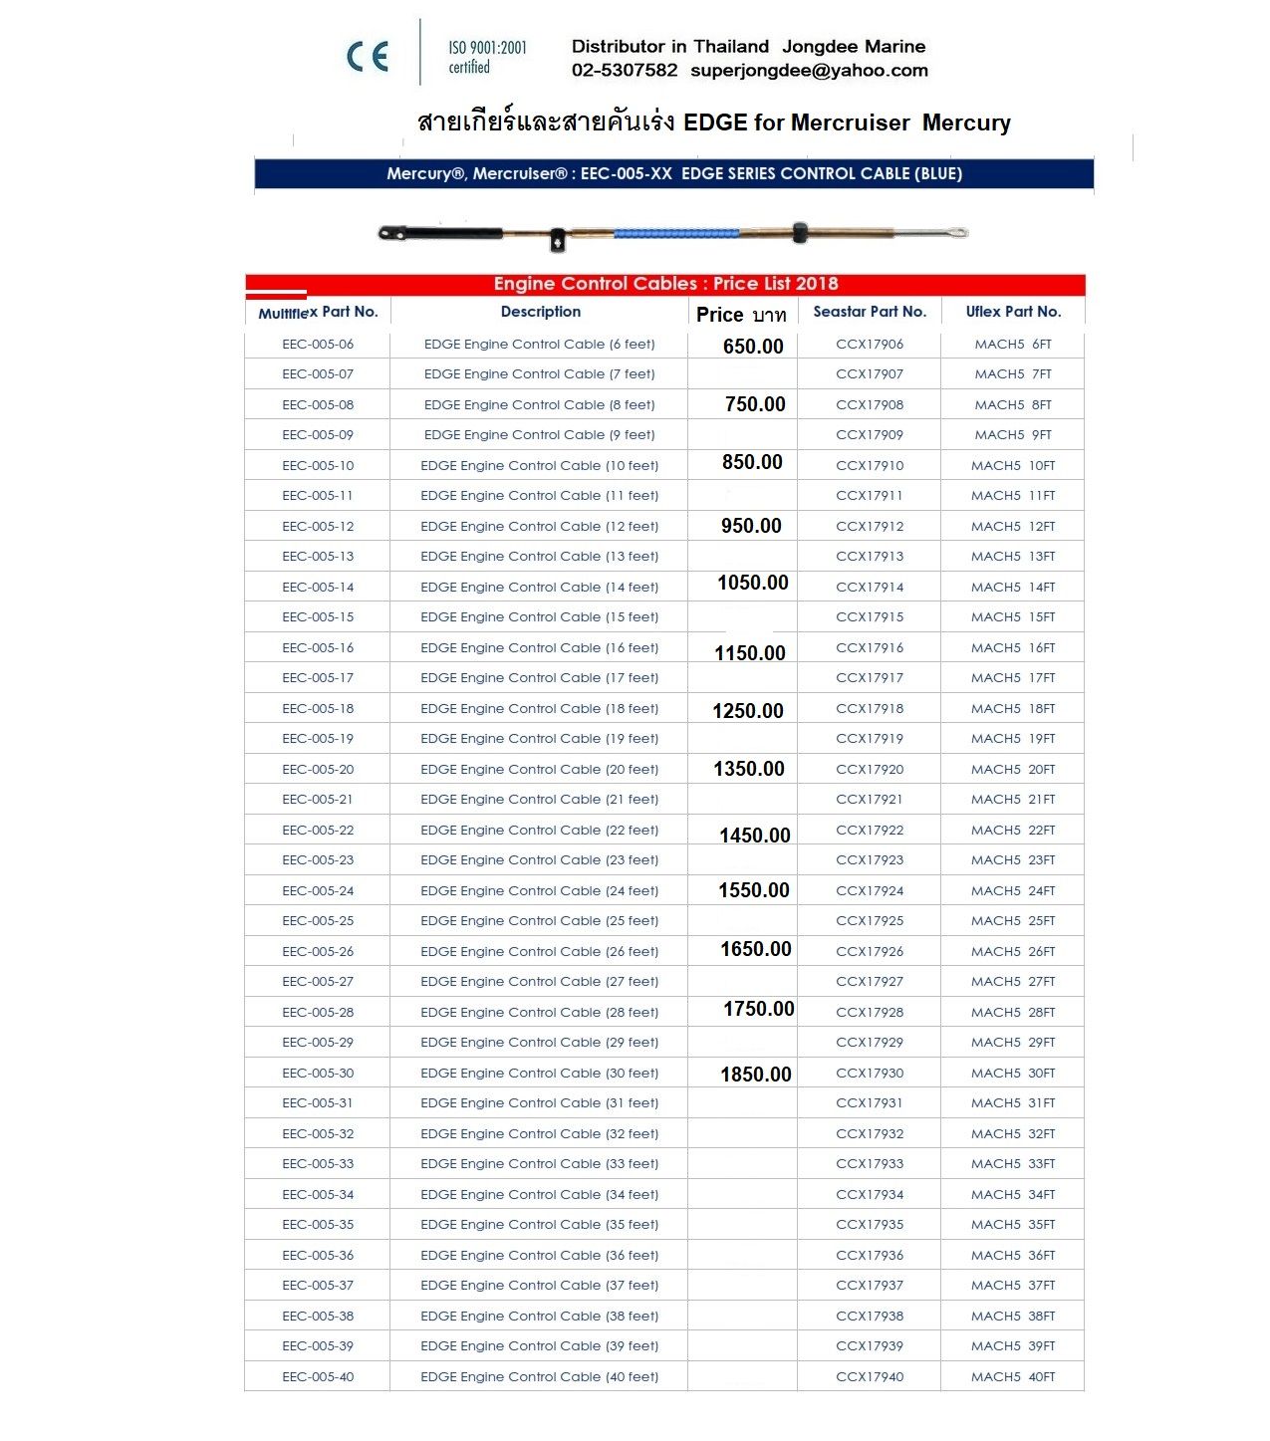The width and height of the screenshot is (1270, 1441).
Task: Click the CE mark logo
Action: (x=367, y=57)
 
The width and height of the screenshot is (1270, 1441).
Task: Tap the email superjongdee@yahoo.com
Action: (x=809, y=71)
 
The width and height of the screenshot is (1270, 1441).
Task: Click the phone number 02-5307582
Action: (x=625, y=71)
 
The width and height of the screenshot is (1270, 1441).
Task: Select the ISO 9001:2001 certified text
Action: (x=487, y=57)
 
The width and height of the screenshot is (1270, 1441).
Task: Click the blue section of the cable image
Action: (x=676, y=233)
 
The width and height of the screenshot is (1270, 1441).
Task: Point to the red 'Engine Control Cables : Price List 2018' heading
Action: (x=665, y=284)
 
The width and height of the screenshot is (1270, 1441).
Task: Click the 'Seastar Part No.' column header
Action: (x=870, y=312)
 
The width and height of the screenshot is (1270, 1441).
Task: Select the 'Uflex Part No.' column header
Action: (x=1013, y=312)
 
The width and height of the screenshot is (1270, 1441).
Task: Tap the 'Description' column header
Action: (x=540, y=312)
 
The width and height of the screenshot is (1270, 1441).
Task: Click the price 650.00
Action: (x=753, y=347)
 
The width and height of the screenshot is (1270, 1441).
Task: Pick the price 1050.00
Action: (x=753, y=583)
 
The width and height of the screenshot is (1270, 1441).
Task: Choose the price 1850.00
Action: (x=756, y=1075)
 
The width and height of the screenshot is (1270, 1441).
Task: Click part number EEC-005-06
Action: (x=318, y=345)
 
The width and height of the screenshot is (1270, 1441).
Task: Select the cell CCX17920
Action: (x=870, y=770)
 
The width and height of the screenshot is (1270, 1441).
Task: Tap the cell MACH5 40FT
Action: (x=1013, y=1377)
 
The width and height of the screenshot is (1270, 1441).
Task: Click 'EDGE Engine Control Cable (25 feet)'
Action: (x=539, y=921)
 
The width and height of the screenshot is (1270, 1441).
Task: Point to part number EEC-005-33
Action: (x=318, y=1164)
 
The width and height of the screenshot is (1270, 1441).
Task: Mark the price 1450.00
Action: (x=755, y=836)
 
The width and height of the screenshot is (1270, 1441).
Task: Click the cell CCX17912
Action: (x=870, y=527)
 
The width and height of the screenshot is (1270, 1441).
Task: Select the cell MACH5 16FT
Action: (x=1013, y=648)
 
